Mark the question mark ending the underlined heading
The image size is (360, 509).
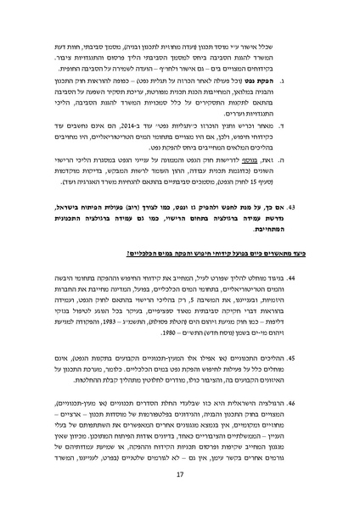click(127, 255)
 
